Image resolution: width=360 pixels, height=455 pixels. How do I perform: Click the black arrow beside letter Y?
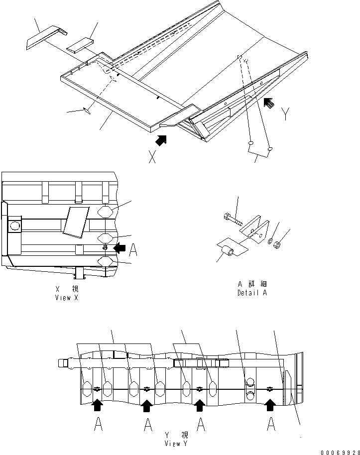pos(269,103)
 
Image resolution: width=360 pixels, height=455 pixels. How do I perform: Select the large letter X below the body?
pos(152,157)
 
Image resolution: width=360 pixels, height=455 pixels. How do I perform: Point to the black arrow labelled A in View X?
pos(120,246)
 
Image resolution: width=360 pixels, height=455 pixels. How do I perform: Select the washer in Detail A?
pos(269,241)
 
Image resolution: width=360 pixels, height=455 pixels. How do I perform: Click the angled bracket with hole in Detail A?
pos(254,229)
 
